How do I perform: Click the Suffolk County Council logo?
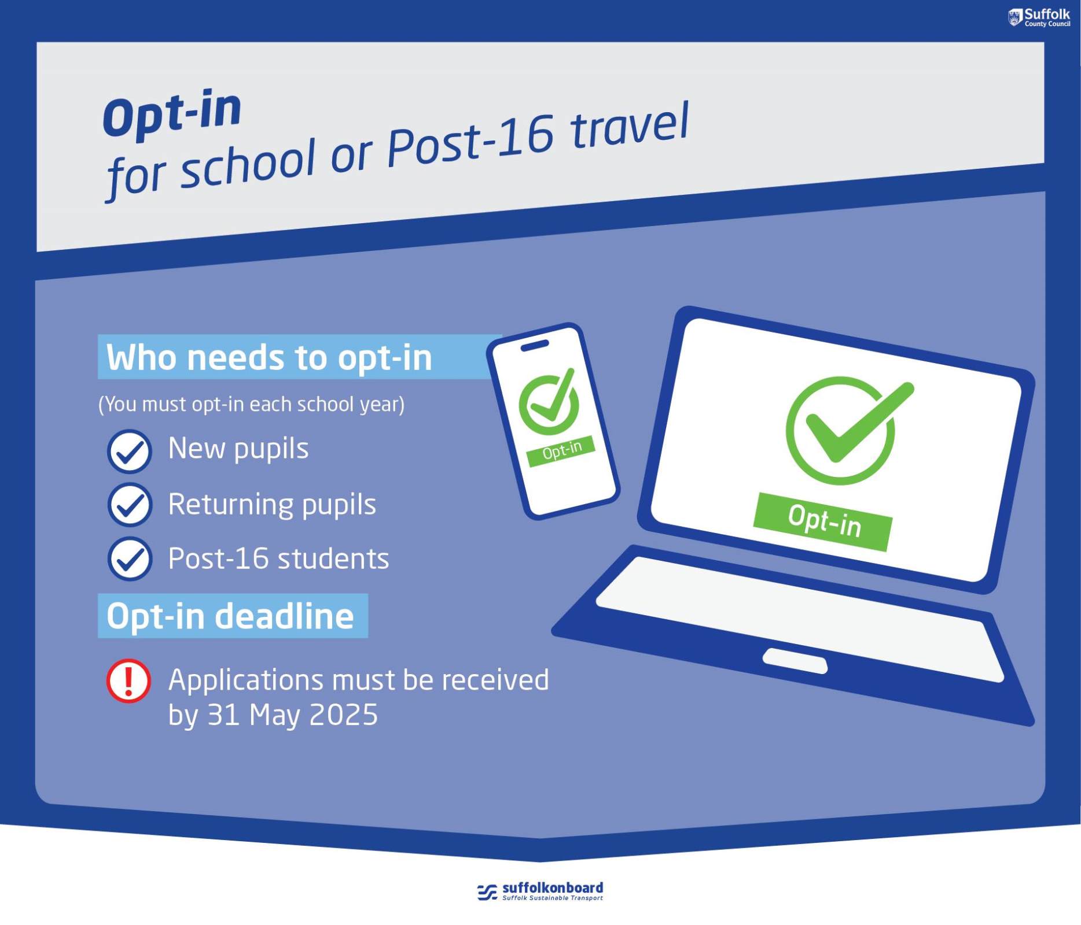click(x=1039, y=17)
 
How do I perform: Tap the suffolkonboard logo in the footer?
click(x=540, y=891)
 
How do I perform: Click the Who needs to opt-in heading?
click(x=269, y=357)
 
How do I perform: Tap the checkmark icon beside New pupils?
click(x=130, y=452)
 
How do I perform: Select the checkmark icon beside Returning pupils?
click(x=130, y=505)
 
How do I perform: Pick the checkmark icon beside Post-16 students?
click(x=130, y=558)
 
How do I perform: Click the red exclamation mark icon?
click(x=128, y=680)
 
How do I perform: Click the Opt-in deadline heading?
click(x=230, y=616)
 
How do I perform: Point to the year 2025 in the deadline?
click(x=344, y=715)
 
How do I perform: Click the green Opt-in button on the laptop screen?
click(x=823, y=521)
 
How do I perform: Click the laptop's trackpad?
click(x=795, y=661)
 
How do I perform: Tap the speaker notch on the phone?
click(x=535, y=346)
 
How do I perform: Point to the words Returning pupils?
click(x=272, y=505)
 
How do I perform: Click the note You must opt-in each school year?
click(x=251, y=404)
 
